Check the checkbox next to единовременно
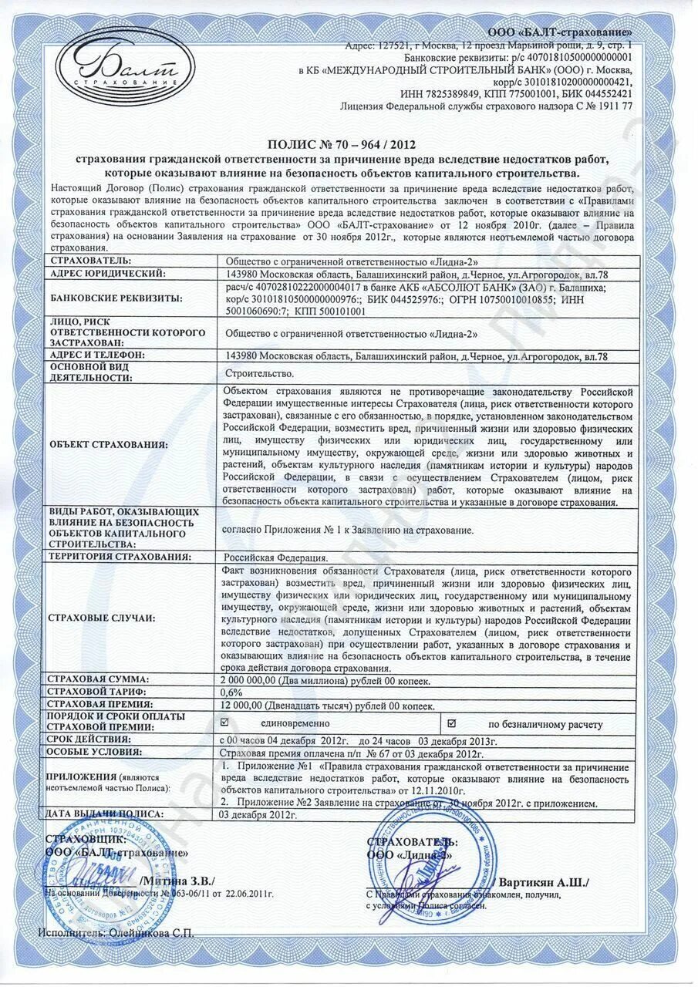(x=225, y=723)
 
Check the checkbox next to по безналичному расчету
(x=452, y=723)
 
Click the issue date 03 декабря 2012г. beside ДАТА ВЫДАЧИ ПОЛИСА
(x=258, y=814)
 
